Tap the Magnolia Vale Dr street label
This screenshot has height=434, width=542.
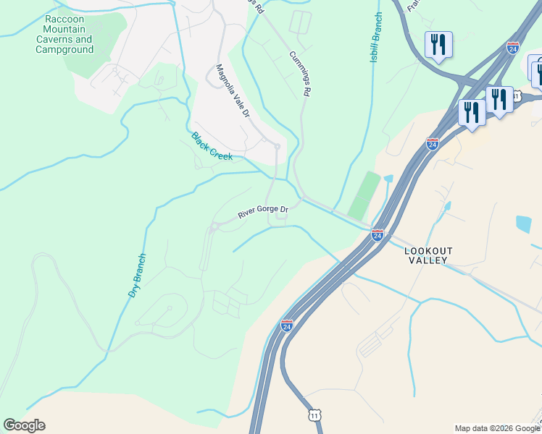pos(233,93)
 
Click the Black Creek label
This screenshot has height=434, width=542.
pos(212,146)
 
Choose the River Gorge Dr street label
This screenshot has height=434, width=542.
pos(264,213)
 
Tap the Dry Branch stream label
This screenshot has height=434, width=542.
pos(138,275)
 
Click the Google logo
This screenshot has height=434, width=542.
pos(24,425)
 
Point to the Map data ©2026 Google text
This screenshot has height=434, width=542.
pos(497,428)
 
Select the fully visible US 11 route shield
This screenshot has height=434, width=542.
pos(314,416)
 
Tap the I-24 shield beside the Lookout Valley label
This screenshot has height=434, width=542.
pos(377,234)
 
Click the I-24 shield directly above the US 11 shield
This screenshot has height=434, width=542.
pos(287,325)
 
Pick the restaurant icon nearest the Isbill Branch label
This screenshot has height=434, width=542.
pos(438,44)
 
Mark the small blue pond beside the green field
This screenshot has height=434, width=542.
pos(388,179)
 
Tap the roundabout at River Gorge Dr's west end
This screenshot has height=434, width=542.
pos(214,230)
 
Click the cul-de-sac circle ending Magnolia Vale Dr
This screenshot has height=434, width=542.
pos(278,146)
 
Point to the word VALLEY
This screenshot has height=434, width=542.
pos(428,260)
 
